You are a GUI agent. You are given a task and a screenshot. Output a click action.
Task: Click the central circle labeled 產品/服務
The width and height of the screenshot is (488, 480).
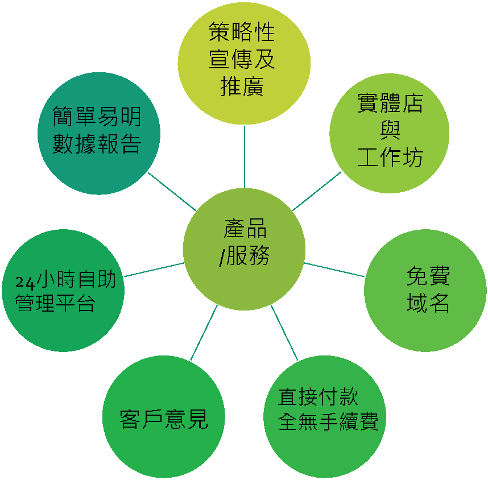coord(245,249)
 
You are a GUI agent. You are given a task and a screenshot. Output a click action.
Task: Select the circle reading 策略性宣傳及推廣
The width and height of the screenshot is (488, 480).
coord(244,63)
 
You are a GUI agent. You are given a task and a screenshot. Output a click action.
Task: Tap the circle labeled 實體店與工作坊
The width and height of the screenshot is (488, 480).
coord(390,133)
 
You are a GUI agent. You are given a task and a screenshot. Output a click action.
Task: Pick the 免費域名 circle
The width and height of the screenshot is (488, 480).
coord(425,291)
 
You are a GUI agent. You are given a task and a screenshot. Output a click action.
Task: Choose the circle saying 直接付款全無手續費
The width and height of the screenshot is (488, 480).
coord(325,416)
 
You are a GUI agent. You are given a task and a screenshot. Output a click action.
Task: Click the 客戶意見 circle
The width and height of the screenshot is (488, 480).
coord(164,416)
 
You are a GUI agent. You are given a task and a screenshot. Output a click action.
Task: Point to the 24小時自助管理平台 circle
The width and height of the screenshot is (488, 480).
coord(63,291)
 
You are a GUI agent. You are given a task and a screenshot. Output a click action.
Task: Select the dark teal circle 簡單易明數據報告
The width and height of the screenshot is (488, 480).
coord(99,133)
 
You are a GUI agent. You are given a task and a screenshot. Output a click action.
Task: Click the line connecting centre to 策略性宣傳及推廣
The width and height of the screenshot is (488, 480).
coord(245,156)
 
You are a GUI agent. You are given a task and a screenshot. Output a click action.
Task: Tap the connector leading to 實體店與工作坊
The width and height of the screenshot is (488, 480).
coord(317,191)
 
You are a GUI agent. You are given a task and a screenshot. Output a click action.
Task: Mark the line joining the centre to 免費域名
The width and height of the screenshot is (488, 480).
coord(334,270)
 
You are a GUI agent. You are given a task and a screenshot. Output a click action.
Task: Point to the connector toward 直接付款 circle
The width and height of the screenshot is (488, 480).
coord(284,333)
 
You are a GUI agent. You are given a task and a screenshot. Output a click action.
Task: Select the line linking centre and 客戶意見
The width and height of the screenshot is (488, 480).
coord(204,333)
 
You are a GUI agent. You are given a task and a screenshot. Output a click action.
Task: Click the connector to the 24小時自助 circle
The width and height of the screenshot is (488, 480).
coord(154,270)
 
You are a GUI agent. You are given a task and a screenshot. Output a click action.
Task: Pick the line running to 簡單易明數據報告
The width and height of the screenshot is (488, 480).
coord(172,192)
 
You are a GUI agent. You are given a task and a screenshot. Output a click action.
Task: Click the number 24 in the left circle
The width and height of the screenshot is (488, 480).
coord(25,282)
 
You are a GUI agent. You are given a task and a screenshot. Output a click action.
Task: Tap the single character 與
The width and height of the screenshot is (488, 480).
coord(390,130)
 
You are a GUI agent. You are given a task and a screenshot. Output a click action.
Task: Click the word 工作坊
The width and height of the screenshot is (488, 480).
coord(390,157)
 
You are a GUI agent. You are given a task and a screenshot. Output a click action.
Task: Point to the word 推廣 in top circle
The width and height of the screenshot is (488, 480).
coord(242,86)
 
